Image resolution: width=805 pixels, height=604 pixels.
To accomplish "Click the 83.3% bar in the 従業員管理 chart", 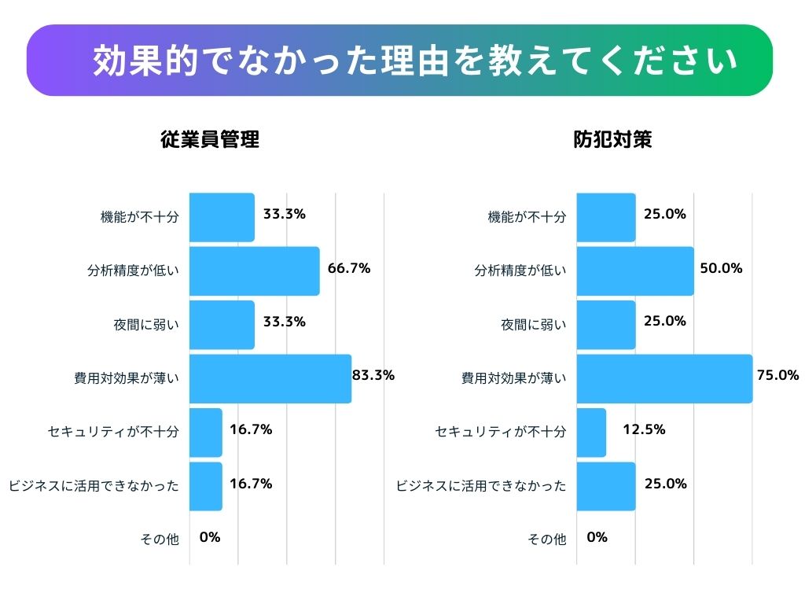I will point(270,379).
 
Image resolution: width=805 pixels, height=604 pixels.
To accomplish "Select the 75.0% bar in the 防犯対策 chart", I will point(664,379).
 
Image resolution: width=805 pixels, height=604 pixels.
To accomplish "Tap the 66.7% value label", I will point(349,268).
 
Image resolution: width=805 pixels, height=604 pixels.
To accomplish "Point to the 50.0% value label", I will point(721,268).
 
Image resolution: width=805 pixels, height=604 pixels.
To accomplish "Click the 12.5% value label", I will point(644,429).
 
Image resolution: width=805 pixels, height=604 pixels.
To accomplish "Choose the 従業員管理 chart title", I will point(210,141).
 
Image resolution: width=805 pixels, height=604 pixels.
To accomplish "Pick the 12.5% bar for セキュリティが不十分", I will point(591,433).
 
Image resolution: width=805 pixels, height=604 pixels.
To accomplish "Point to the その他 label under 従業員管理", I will point(160,540).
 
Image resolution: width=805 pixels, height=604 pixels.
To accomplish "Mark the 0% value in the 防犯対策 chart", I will point(597,538).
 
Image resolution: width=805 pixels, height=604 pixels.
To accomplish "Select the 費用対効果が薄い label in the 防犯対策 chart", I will point(513,378).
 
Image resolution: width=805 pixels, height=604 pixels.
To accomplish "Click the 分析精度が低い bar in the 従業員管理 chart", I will point(255,271).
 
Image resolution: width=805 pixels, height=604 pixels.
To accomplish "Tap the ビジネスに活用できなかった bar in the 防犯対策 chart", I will point(606,486).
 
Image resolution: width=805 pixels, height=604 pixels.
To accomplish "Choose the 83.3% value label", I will point(373,375).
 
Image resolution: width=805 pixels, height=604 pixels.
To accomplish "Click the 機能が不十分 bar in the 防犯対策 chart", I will point(606,218).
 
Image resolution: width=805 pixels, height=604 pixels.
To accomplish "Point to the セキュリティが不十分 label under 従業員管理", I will point(113,432).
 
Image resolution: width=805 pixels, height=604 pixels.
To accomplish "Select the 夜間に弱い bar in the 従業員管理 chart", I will point(222,325).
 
